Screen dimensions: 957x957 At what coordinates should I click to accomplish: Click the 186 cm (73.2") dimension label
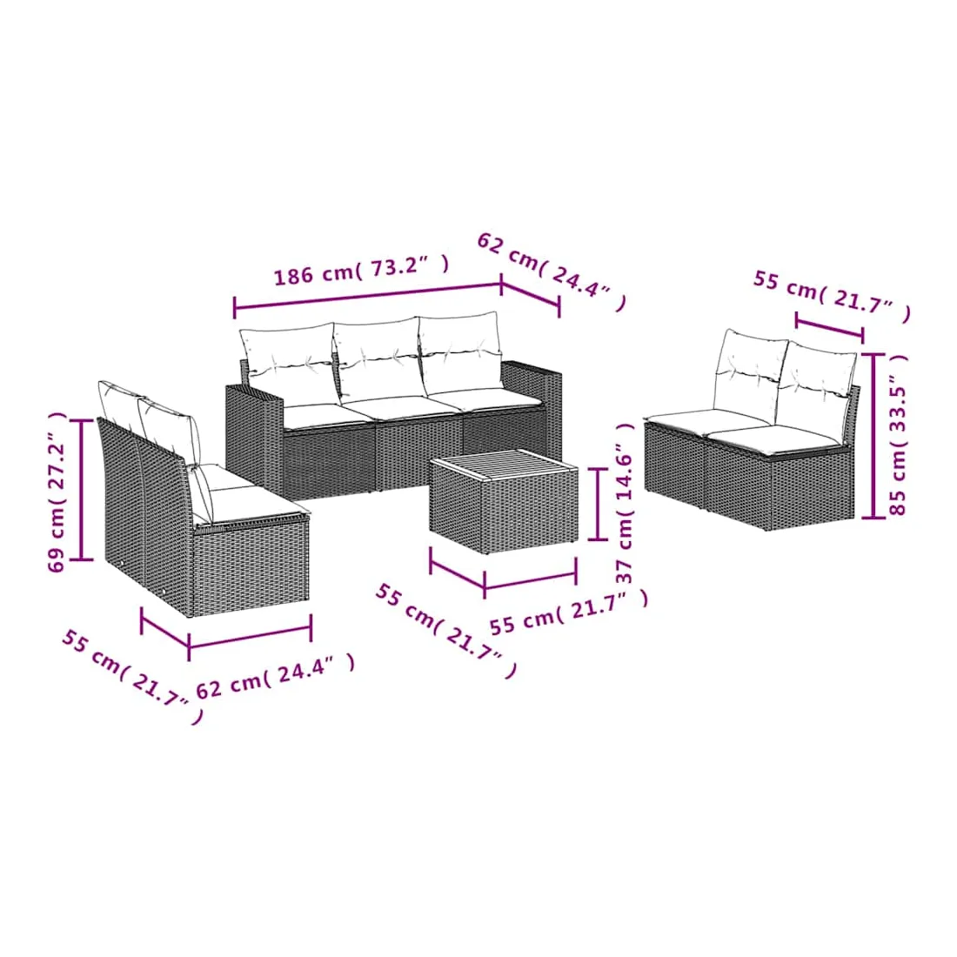361,269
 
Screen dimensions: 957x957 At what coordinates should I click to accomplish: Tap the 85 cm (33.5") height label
898,434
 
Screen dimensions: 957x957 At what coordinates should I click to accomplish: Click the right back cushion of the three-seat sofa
460,351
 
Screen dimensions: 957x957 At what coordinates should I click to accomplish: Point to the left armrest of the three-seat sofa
254,432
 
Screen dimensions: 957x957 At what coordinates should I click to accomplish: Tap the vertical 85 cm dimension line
873,436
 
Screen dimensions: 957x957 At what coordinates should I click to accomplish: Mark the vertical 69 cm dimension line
81,490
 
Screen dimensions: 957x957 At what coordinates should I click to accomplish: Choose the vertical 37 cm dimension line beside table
598,504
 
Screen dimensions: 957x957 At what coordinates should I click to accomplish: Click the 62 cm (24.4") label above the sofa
552,271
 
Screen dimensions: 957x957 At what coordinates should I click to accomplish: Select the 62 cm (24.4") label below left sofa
275,677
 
